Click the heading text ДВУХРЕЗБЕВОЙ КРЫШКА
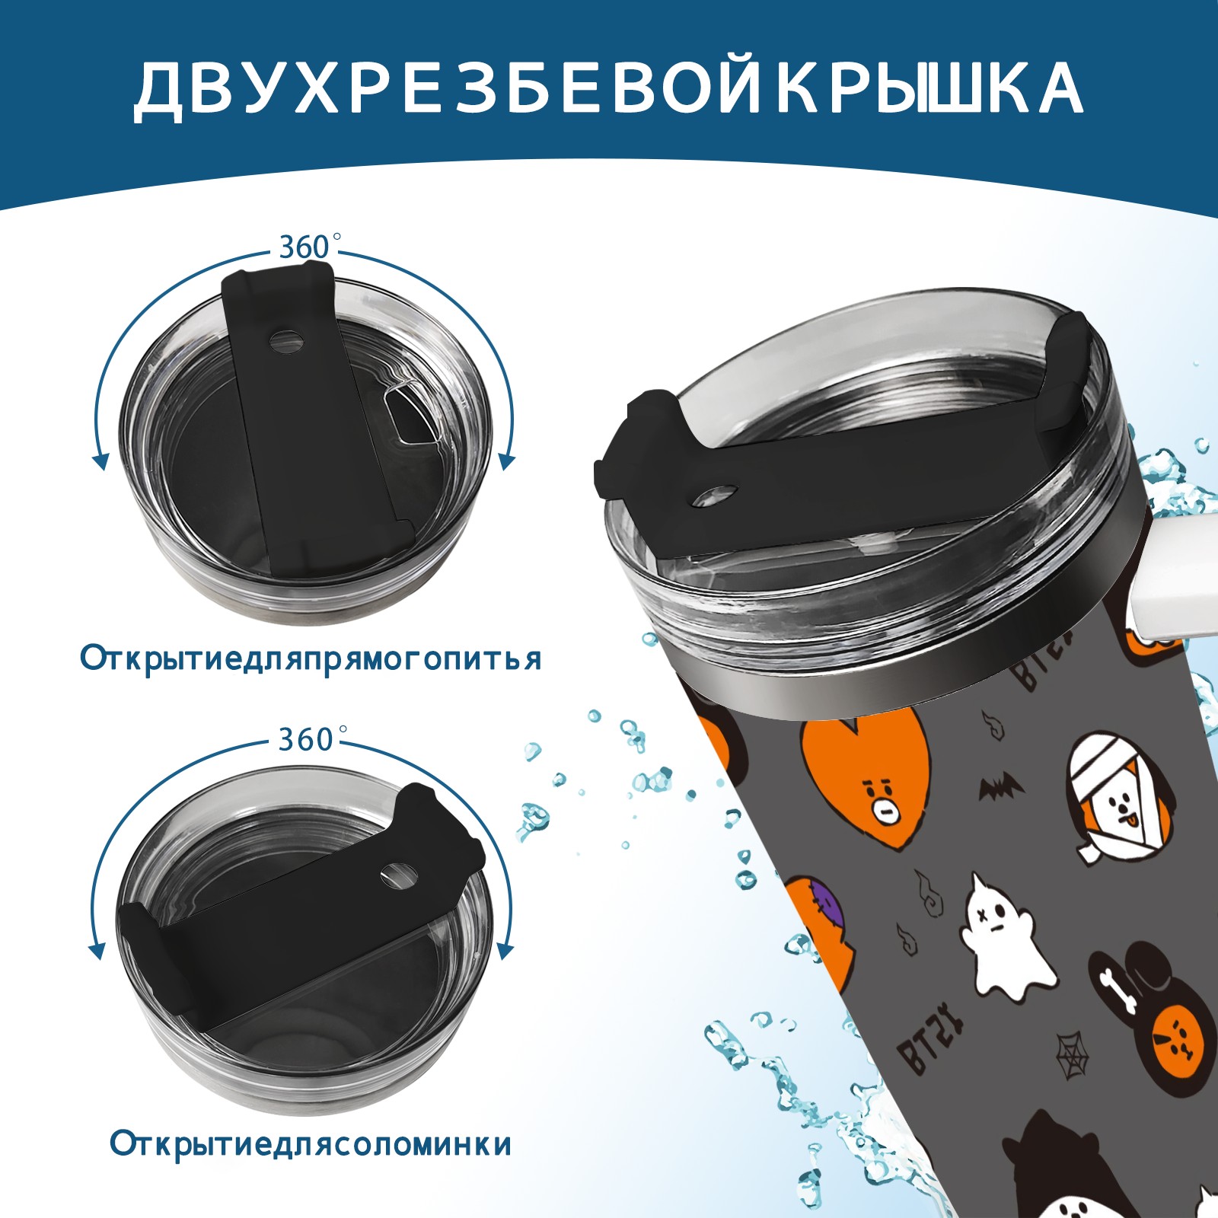coord(608,89)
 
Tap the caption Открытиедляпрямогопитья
coord(311,658)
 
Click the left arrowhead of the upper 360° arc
coord(99,461)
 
